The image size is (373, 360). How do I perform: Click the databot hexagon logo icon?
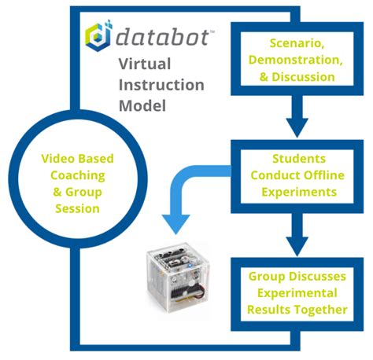pos(98,36)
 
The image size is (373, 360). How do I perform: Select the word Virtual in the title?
pos(145,65)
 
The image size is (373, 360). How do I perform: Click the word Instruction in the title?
pos(161,85)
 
